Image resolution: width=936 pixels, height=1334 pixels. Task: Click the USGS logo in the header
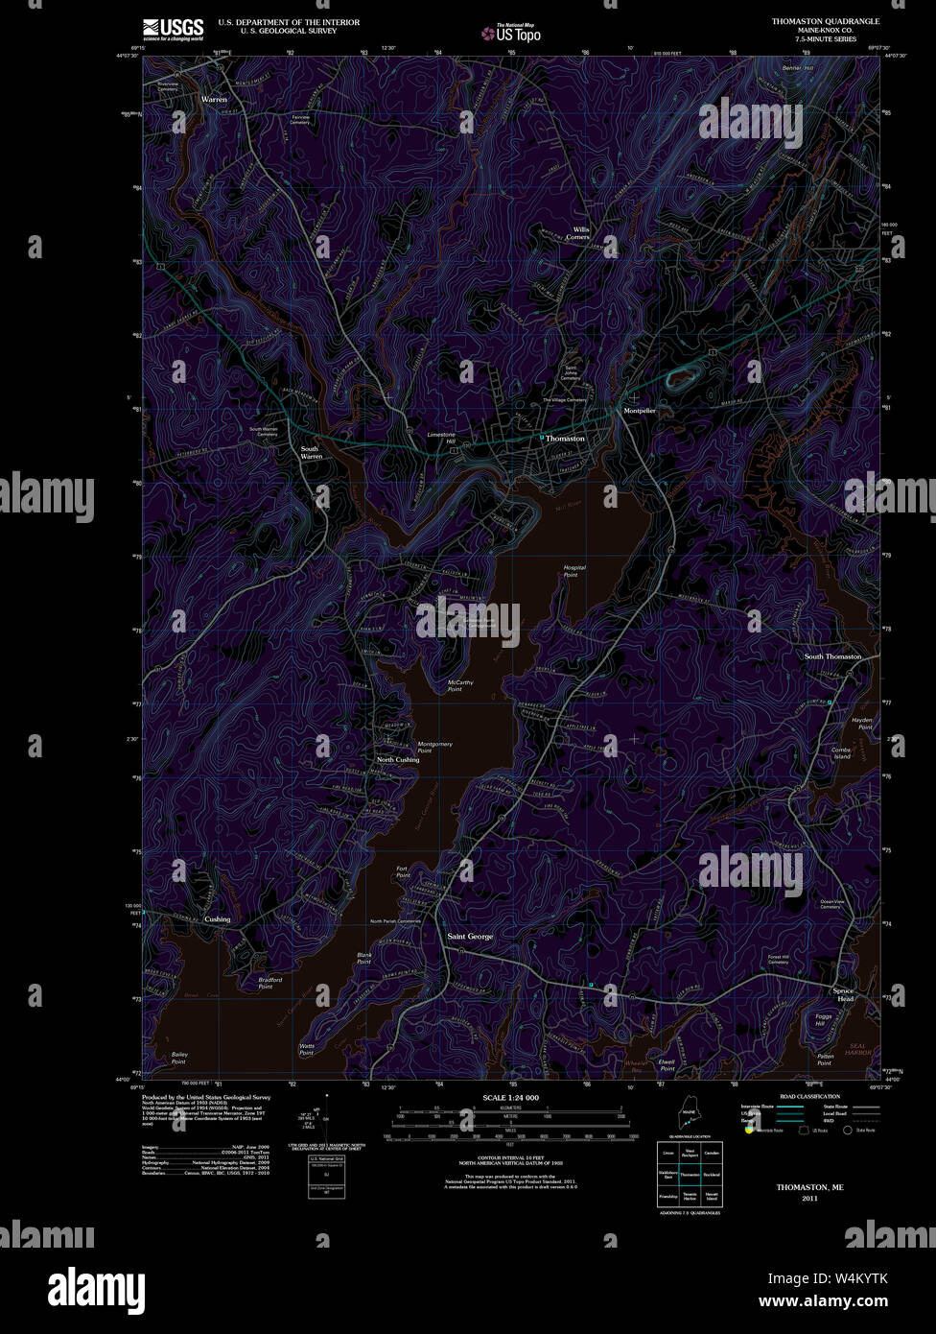(x=173, y=29)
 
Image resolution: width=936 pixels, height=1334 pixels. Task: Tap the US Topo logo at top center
(x=512, y=33)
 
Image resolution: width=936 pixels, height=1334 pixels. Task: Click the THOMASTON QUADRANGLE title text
(x=825, y=21)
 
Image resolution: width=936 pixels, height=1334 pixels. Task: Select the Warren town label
(x=214, y=99)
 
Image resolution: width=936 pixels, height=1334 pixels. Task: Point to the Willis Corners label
(x=581, y=233)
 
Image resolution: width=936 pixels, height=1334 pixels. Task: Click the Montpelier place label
(x=640, y=410)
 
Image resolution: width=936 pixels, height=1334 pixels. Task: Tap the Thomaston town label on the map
(x=565, y=438)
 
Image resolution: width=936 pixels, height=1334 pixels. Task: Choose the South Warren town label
(x=311, y=452)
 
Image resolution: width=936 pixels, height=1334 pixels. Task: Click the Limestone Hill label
(x=441, y=438)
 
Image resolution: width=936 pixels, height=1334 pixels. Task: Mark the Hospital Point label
(x=574, y=571)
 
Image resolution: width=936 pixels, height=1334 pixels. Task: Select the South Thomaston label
(x=832, y=656)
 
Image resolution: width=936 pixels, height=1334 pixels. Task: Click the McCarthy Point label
(x=460, y=685)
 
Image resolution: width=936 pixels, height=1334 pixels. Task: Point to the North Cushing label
(x=398, y=759)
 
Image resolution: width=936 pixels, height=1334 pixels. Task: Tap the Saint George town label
(x=470, y=936)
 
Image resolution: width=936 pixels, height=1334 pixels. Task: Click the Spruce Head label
(x=843, y=994)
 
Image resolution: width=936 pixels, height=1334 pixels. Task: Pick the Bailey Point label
(x=179, y=1059)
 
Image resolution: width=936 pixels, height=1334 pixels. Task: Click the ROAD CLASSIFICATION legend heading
(x=809, y=1096)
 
